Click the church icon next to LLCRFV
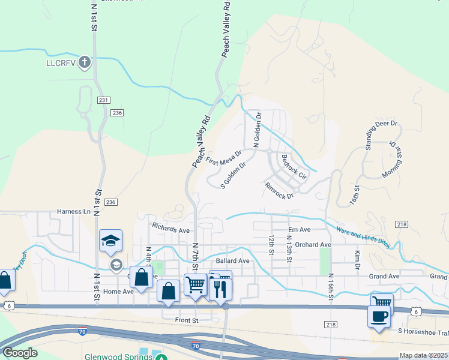coord(85,62)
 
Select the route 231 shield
coord(103,100)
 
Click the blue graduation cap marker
coord(111,241)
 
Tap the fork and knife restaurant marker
coord(220,287)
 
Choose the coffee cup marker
coord(379,316)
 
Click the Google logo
coord(20,353)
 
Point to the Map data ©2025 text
coord(423,355)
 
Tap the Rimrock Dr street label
coord(279,191)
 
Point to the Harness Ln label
coord(73,211)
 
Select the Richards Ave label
coord(170,229)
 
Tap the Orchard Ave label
coord(313,245)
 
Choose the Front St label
coord(187,320)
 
